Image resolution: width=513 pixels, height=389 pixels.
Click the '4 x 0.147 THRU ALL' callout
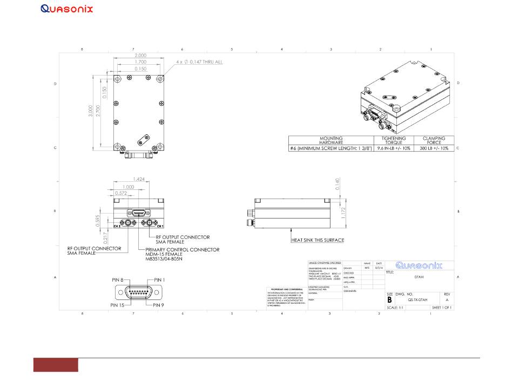pos(199,62)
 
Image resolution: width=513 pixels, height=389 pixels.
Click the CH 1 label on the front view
pos(160,226)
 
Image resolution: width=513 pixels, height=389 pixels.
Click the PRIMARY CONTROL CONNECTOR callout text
pos(183,250)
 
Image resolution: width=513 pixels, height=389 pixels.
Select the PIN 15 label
pos(119,305)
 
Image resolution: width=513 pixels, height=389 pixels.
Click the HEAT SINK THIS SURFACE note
pos(318,240)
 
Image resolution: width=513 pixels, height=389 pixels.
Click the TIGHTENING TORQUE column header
pos(393,141)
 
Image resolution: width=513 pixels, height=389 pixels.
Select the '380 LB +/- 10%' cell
pos(434,148)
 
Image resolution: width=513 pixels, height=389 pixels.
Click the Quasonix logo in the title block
pos(419,265)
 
